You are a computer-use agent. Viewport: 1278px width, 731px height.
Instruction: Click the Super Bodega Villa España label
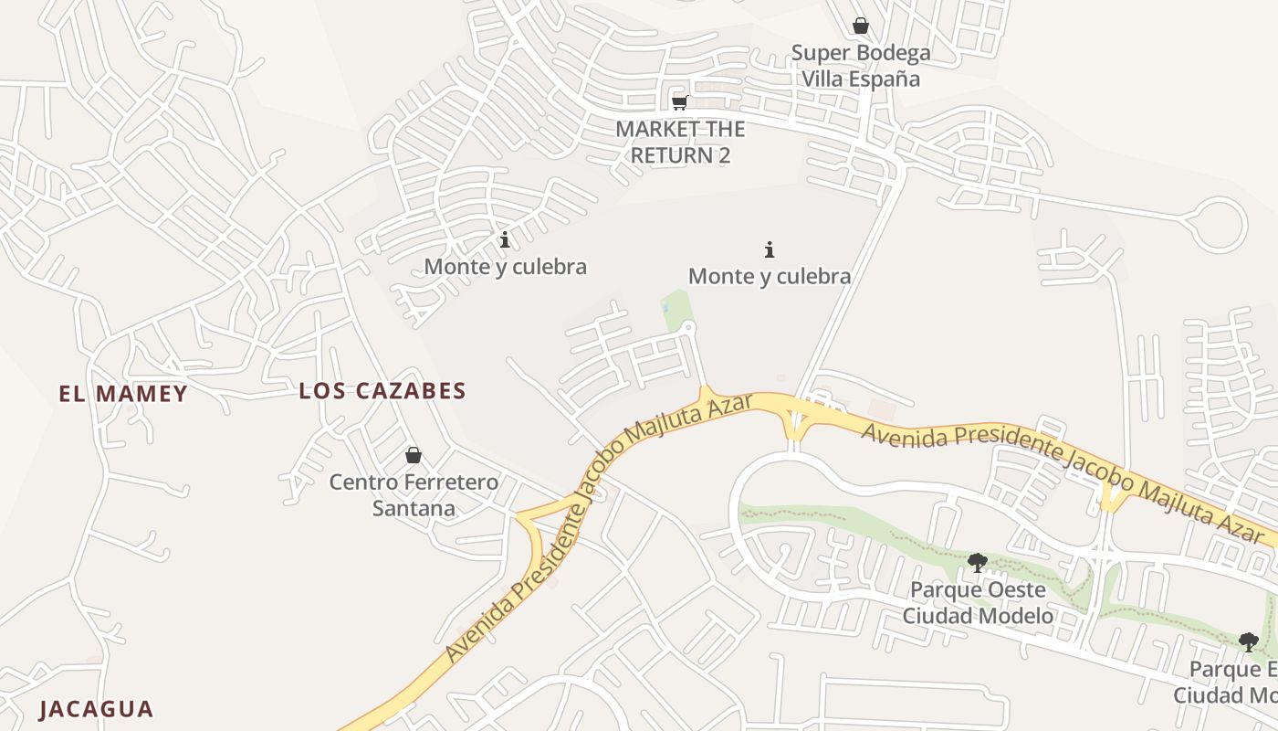[x=861, y=66]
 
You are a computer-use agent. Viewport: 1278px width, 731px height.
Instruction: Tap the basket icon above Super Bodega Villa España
[x=861, y=26]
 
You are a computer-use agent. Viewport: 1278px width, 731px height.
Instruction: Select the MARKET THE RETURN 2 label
[x=680, y=142]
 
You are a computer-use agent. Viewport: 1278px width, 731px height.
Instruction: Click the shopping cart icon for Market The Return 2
[x=679, y=101]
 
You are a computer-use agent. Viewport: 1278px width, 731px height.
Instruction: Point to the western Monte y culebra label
[x=505, y=267]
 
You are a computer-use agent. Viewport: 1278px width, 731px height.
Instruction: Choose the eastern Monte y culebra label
[x=770, y=276]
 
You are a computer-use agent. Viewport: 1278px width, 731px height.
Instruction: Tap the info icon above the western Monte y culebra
[x=505, y=240]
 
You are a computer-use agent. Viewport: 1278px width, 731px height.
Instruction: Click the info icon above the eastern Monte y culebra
[x=770, y=249]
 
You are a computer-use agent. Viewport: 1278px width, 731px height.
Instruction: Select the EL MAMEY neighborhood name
[x=123, y=394]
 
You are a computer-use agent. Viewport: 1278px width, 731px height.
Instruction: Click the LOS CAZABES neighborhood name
[x=382, y=391]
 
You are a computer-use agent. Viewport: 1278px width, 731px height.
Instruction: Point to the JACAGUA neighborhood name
[x=96, y=709]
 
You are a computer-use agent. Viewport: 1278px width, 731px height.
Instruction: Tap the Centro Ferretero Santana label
[x=414, y=495]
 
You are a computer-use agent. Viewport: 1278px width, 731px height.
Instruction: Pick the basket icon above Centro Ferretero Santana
[x=414, y=455]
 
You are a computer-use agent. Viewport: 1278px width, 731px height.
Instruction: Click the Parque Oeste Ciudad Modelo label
[x=978, y=603]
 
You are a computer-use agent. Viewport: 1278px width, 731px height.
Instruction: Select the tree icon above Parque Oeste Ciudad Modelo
[x=978, y=563]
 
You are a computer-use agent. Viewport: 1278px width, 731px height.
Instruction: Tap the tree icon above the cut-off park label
[x=1249, y=642]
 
